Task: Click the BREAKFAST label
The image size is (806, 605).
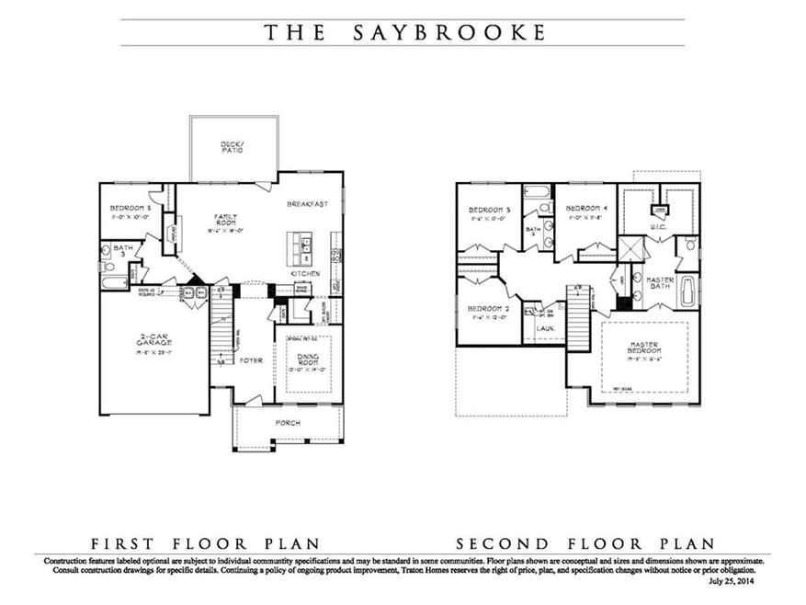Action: (306, 204)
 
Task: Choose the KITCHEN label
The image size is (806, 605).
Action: (303, 274)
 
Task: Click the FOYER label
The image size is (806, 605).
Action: (252, 360)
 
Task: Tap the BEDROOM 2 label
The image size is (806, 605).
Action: (487, 308)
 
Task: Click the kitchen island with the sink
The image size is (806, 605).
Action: (302, 245)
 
